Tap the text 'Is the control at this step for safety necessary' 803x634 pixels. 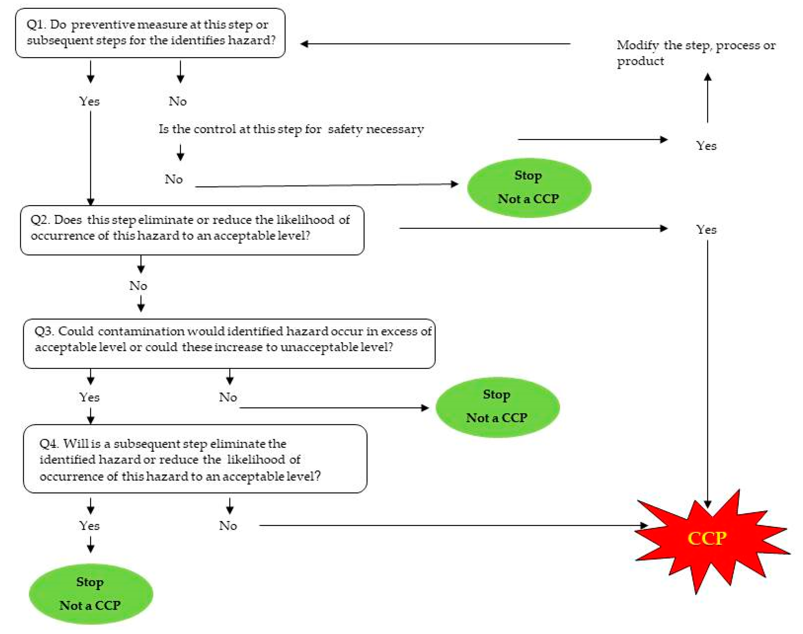click(291, 129)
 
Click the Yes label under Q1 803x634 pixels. click(89, 101)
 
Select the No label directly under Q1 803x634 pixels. click(178, 101)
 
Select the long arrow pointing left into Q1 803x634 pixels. click(435, 44)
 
